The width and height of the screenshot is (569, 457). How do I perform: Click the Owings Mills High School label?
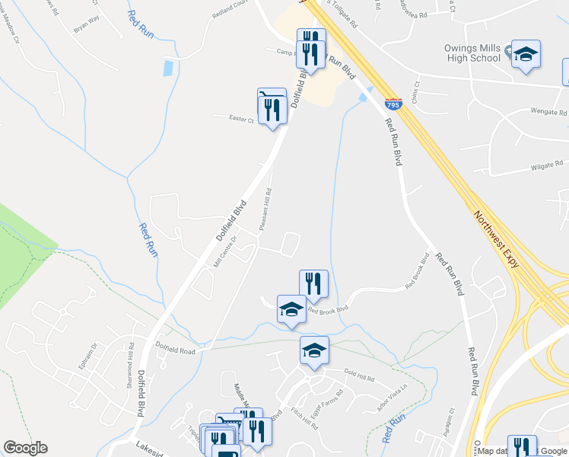click(x=472, y=53)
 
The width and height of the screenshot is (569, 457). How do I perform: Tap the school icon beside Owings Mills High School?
click(x=526, y=54)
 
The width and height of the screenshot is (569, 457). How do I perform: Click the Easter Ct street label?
click(x=242, y=117)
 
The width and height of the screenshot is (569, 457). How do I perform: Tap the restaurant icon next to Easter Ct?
click(x=272, y=106)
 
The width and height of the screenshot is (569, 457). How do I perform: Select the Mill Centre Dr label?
click(x=226, y=251)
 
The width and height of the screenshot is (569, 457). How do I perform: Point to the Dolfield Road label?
click(x=176, y=351)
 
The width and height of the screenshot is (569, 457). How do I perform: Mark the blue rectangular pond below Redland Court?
click(x=167, y=68)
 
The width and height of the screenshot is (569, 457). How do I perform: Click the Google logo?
click(x=25, y=448)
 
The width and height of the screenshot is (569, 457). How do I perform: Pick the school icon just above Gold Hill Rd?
click(x=314, y=350)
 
